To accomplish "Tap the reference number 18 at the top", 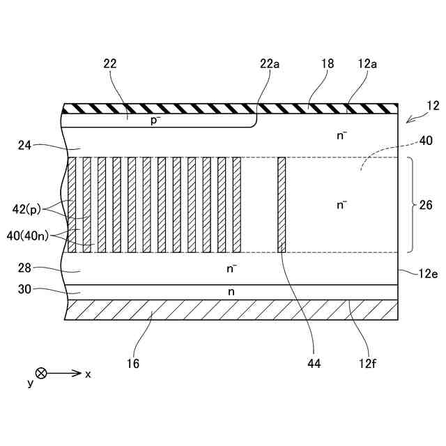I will coord(328,63).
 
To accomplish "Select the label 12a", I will coord(368,63).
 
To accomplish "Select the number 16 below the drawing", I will coord(133,363).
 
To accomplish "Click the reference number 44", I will coord(314,363).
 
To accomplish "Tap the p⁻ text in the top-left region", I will coord(155,120).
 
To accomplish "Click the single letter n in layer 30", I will coord(231,292).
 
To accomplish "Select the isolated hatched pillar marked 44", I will coord(282,205).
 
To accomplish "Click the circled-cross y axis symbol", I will coord(41,374).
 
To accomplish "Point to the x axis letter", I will coord(88,374).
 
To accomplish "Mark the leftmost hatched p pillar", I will coord(72,205).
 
